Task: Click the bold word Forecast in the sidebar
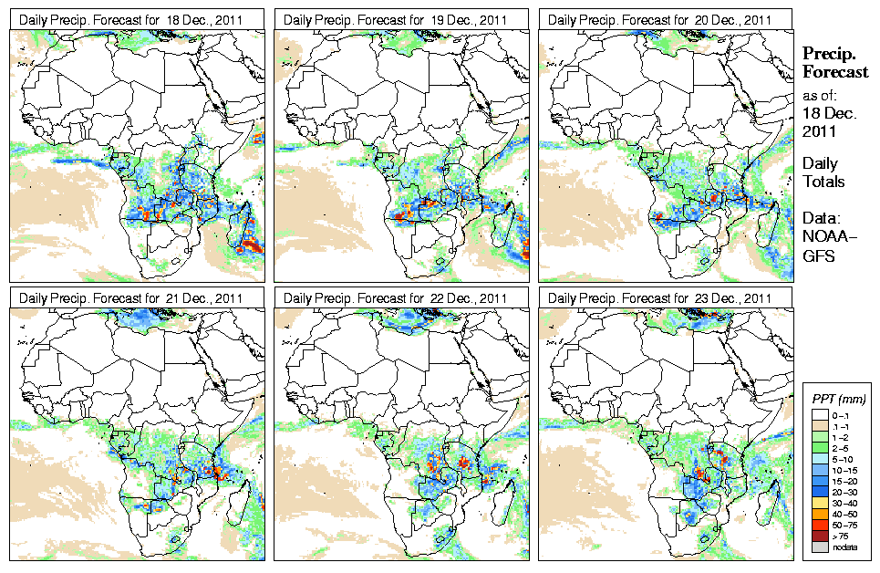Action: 834,72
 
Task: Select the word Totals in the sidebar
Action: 823,182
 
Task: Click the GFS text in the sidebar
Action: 818,257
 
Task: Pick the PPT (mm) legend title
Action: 839,400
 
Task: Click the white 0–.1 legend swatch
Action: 819,415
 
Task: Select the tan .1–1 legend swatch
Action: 819,426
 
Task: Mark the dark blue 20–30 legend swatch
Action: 819,491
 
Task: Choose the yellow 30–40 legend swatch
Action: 819,502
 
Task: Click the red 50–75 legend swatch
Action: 819,524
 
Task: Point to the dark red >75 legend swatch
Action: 819,535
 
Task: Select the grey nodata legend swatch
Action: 819,546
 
